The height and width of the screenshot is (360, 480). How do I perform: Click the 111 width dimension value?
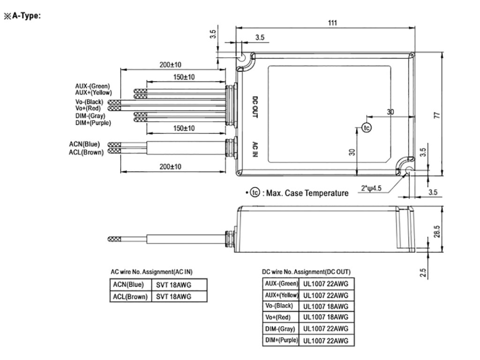pos(332,23)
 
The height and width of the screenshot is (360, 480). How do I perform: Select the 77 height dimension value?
pos(437,115)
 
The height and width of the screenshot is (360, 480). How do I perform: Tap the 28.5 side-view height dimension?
pos(437,232)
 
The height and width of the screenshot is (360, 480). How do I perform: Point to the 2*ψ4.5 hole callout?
pos(371,188)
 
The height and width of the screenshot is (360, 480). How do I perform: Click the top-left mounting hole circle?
pos(242,57)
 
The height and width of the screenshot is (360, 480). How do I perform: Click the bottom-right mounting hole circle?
pos(409,171)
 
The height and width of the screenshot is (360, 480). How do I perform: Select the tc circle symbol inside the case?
pos(367,127)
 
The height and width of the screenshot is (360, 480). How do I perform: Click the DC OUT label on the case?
pos(255,107)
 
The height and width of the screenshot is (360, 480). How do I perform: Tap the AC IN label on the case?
pos(255,149)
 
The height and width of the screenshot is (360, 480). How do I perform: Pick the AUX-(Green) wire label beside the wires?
pos(92,86)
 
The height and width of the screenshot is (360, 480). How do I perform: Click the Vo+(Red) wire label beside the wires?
pos(88,108)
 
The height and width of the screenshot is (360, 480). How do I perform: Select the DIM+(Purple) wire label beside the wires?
pos(93,123)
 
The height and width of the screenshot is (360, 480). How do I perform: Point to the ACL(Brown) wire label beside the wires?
pos(86,152)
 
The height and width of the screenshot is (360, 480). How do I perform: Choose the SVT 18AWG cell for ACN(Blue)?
pos(173,285)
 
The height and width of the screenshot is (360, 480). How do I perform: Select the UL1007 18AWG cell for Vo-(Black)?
pos(326,306)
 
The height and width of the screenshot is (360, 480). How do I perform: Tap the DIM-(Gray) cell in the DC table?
pos(280,329)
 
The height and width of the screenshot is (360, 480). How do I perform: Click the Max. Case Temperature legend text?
pos(307,193)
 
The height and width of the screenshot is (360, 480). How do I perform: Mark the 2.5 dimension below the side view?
pos(423,272)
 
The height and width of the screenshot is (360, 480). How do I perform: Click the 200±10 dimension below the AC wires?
pos(170,167)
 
